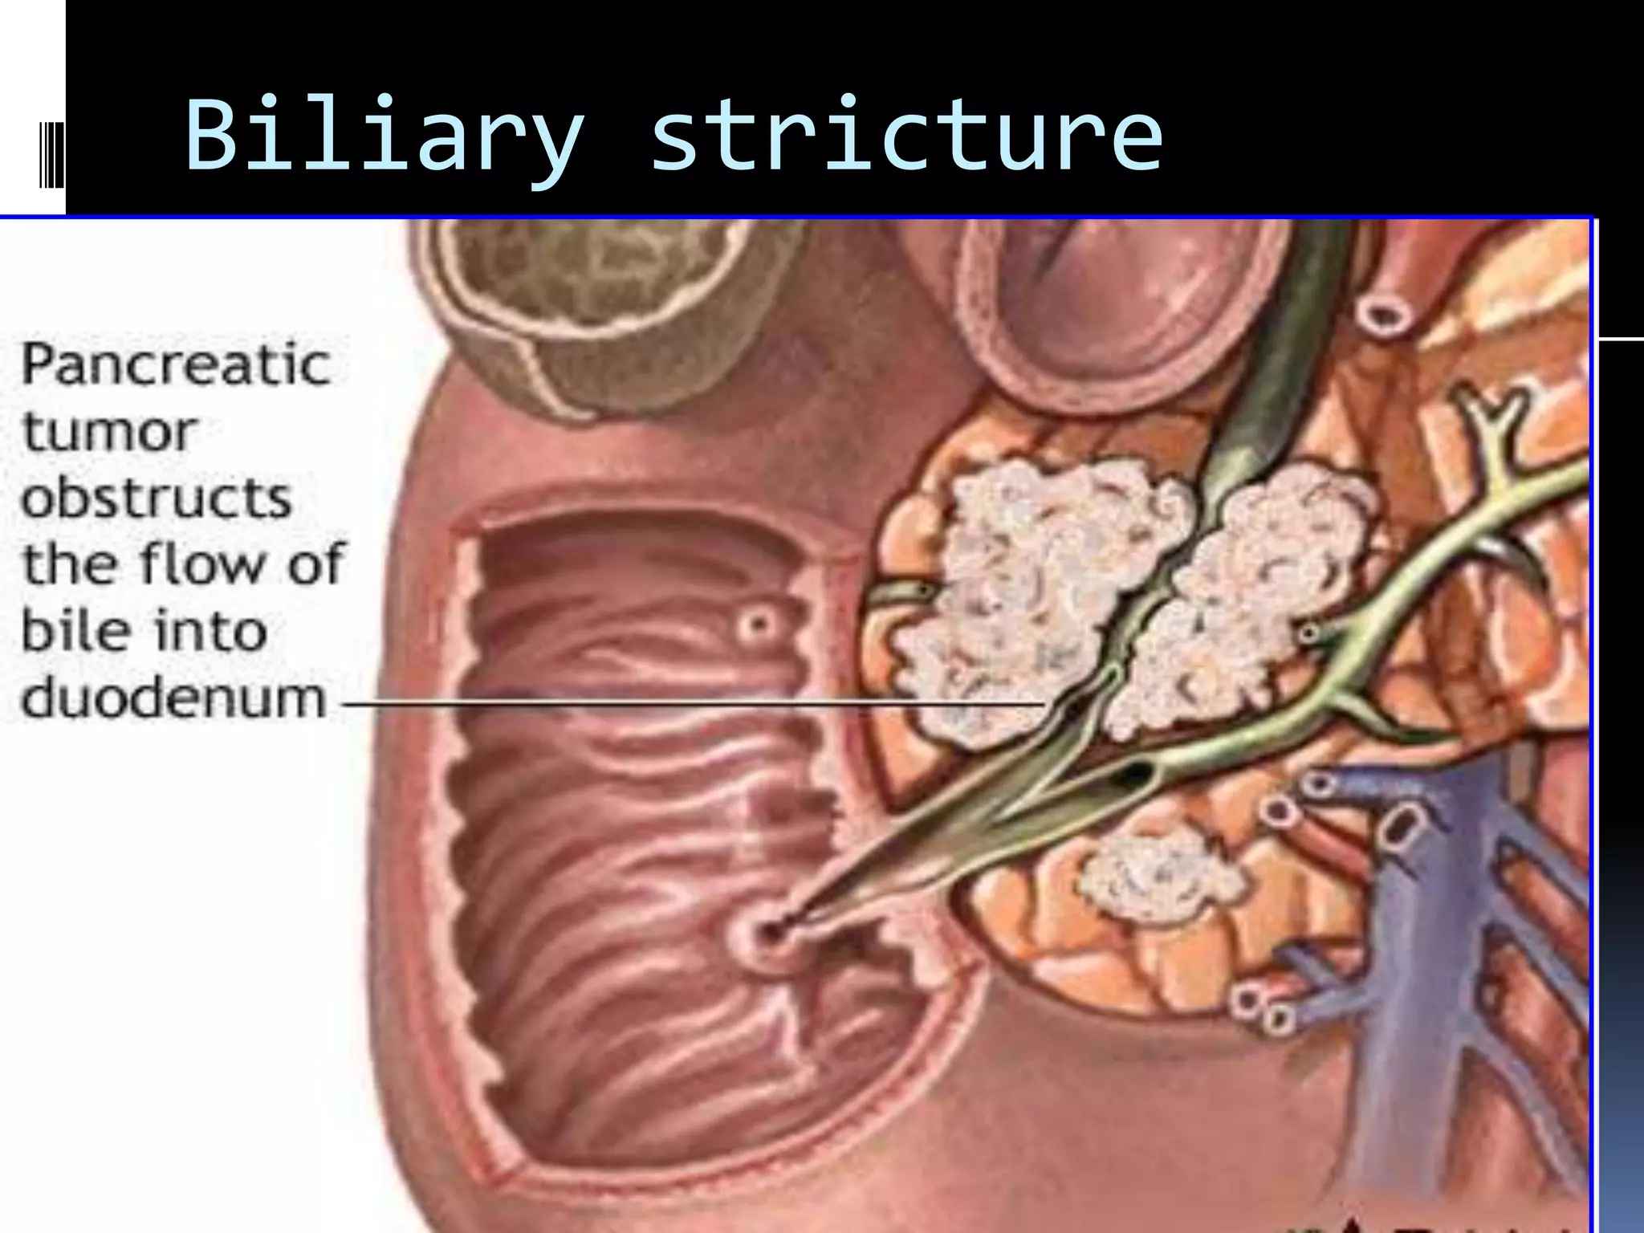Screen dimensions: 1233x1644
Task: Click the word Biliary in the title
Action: [384, 135]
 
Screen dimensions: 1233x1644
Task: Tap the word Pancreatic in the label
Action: [175, 365]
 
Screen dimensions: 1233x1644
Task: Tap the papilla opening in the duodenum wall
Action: [769, 933]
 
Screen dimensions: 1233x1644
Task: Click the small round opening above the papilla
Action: [756, 624]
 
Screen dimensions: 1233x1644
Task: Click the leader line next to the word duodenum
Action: [690, 704]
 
